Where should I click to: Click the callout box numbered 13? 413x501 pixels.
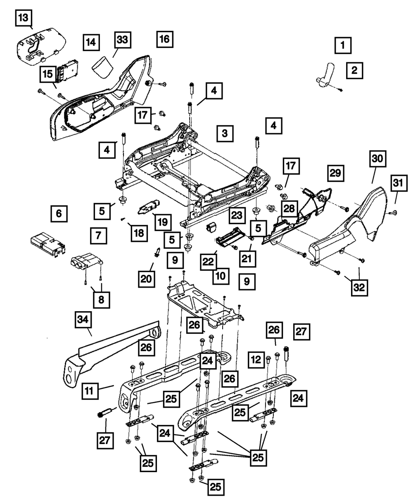tap(24, 18)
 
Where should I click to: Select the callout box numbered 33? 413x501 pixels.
tap(123, 40)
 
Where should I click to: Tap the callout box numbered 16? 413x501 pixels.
tap(165, 39)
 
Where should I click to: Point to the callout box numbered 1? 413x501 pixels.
tap(343, 45)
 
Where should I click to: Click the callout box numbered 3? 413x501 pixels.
tap(225, 133)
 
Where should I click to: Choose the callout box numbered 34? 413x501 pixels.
tap(83, 319)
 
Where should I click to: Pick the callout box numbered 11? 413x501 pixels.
tap(90, 391)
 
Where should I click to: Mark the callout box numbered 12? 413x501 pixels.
tap(256, 360)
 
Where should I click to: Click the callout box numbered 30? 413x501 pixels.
tap(378, 158)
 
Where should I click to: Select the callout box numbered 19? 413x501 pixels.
tap(163, 222)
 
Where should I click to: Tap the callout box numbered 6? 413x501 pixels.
tap(59, 213)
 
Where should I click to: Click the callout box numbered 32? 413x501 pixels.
tap(359, 288)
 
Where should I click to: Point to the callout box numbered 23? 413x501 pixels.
tap(237, 215)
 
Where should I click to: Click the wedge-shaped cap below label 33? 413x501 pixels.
tap(103, 67)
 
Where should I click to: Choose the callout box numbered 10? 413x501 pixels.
tap(221, 276)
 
